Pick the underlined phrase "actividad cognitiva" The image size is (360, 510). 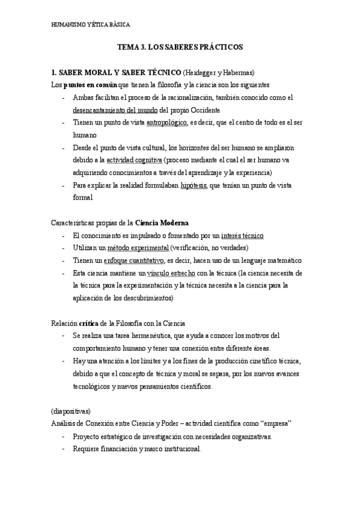tap(134, 161)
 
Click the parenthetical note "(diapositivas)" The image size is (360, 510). tap(70, 411)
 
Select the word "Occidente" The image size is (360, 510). tap(203, 110)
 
